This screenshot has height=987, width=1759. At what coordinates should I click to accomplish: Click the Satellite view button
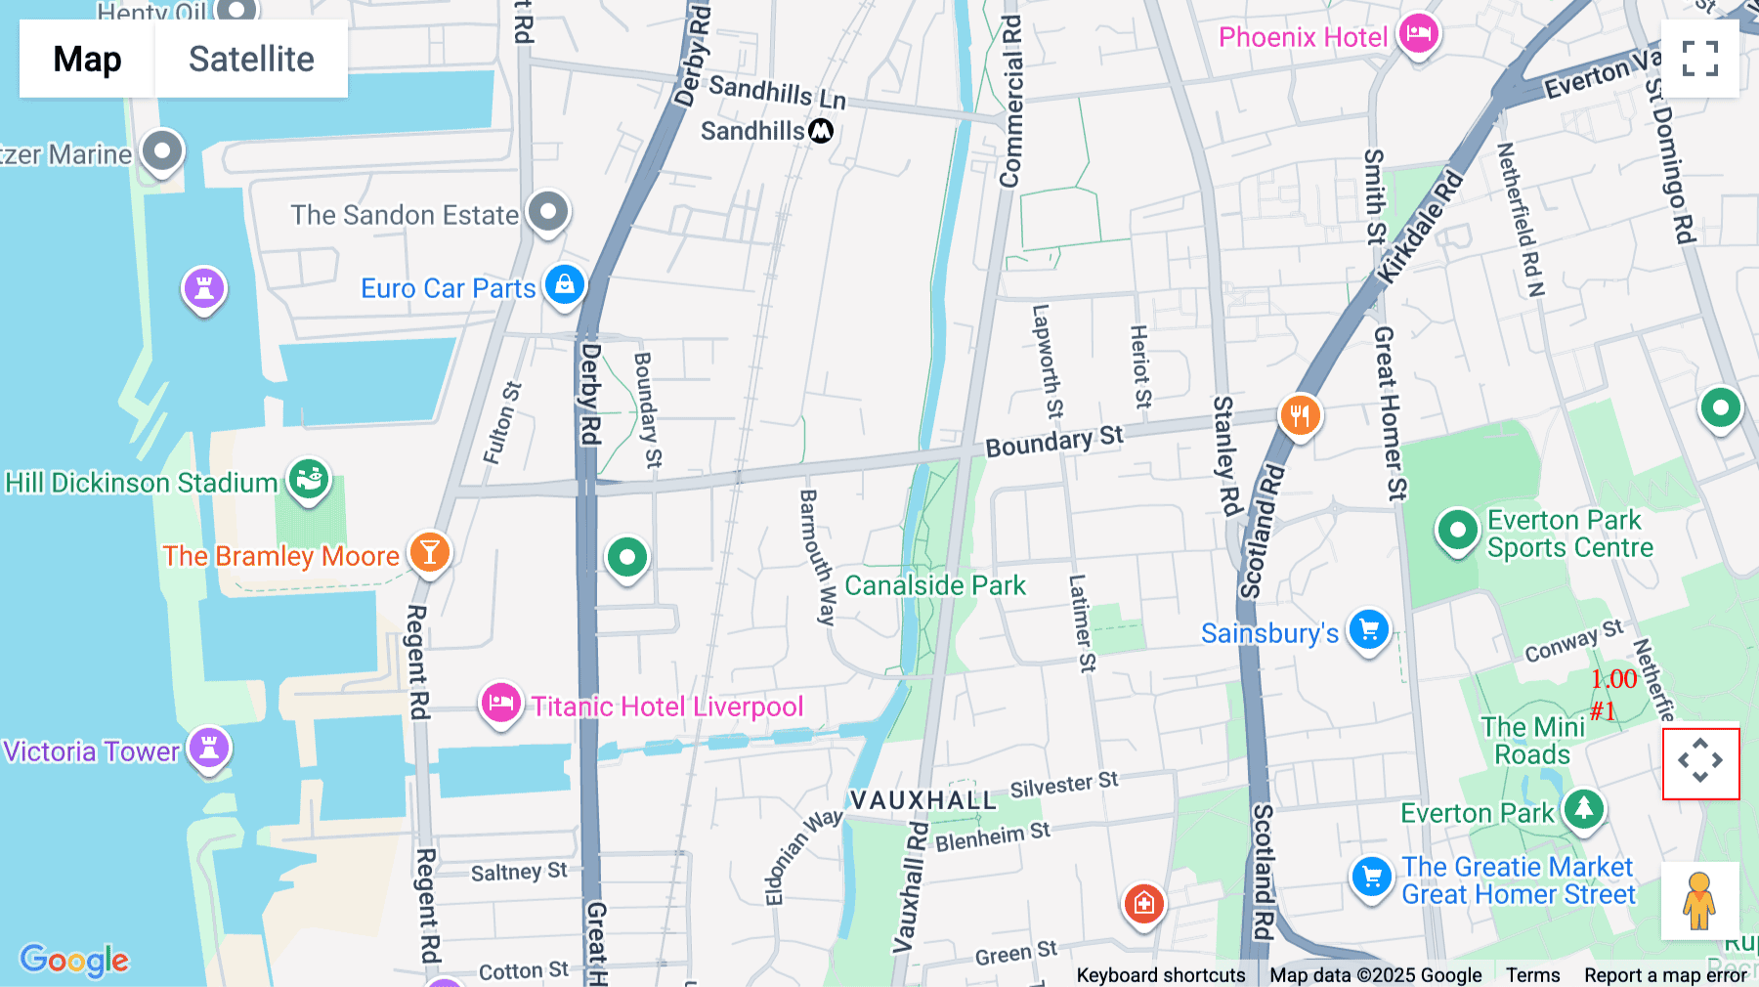point(251,59)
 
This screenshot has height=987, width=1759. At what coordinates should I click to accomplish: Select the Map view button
point(87,59)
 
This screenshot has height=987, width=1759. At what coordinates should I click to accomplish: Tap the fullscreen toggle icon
point(1699,59)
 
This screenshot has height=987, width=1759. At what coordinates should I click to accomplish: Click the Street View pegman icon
point(1699,900)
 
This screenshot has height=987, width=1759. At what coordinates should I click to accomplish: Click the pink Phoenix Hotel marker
point(1419,34)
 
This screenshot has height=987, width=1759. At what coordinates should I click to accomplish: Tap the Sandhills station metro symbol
point(821,130)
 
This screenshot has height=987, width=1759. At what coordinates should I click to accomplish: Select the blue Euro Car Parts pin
point(565,284)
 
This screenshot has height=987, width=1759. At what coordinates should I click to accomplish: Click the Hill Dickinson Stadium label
point(142,483)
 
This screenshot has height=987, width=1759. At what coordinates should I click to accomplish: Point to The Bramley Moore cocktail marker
point(430,552)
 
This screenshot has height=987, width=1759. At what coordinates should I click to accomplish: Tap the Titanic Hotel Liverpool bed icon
point(500,703)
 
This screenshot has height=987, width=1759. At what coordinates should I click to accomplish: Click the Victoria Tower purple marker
point(209,748)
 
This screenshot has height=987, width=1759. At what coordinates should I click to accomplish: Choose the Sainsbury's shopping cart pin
point(1368,629)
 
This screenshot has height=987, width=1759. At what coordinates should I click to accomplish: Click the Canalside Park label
point(934,585)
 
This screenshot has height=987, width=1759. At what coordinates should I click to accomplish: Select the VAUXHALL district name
point(922,800)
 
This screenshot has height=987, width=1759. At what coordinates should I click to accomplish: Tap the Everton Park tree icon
point(1583,809)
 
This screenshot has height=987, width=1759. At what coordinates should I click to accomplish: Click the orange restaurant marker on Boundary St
point(1300,416)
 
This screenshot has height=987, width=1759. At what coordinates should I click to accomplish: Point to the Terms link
point(1532,974)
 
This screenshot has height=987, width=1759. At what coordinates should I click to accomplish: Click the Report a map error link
point(1665,974)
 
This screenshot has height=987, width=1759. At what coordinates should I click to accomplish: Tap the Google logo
point(74,960)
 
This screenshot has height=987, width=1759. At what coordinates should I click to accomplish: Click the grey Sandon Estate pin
point(548,211)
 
